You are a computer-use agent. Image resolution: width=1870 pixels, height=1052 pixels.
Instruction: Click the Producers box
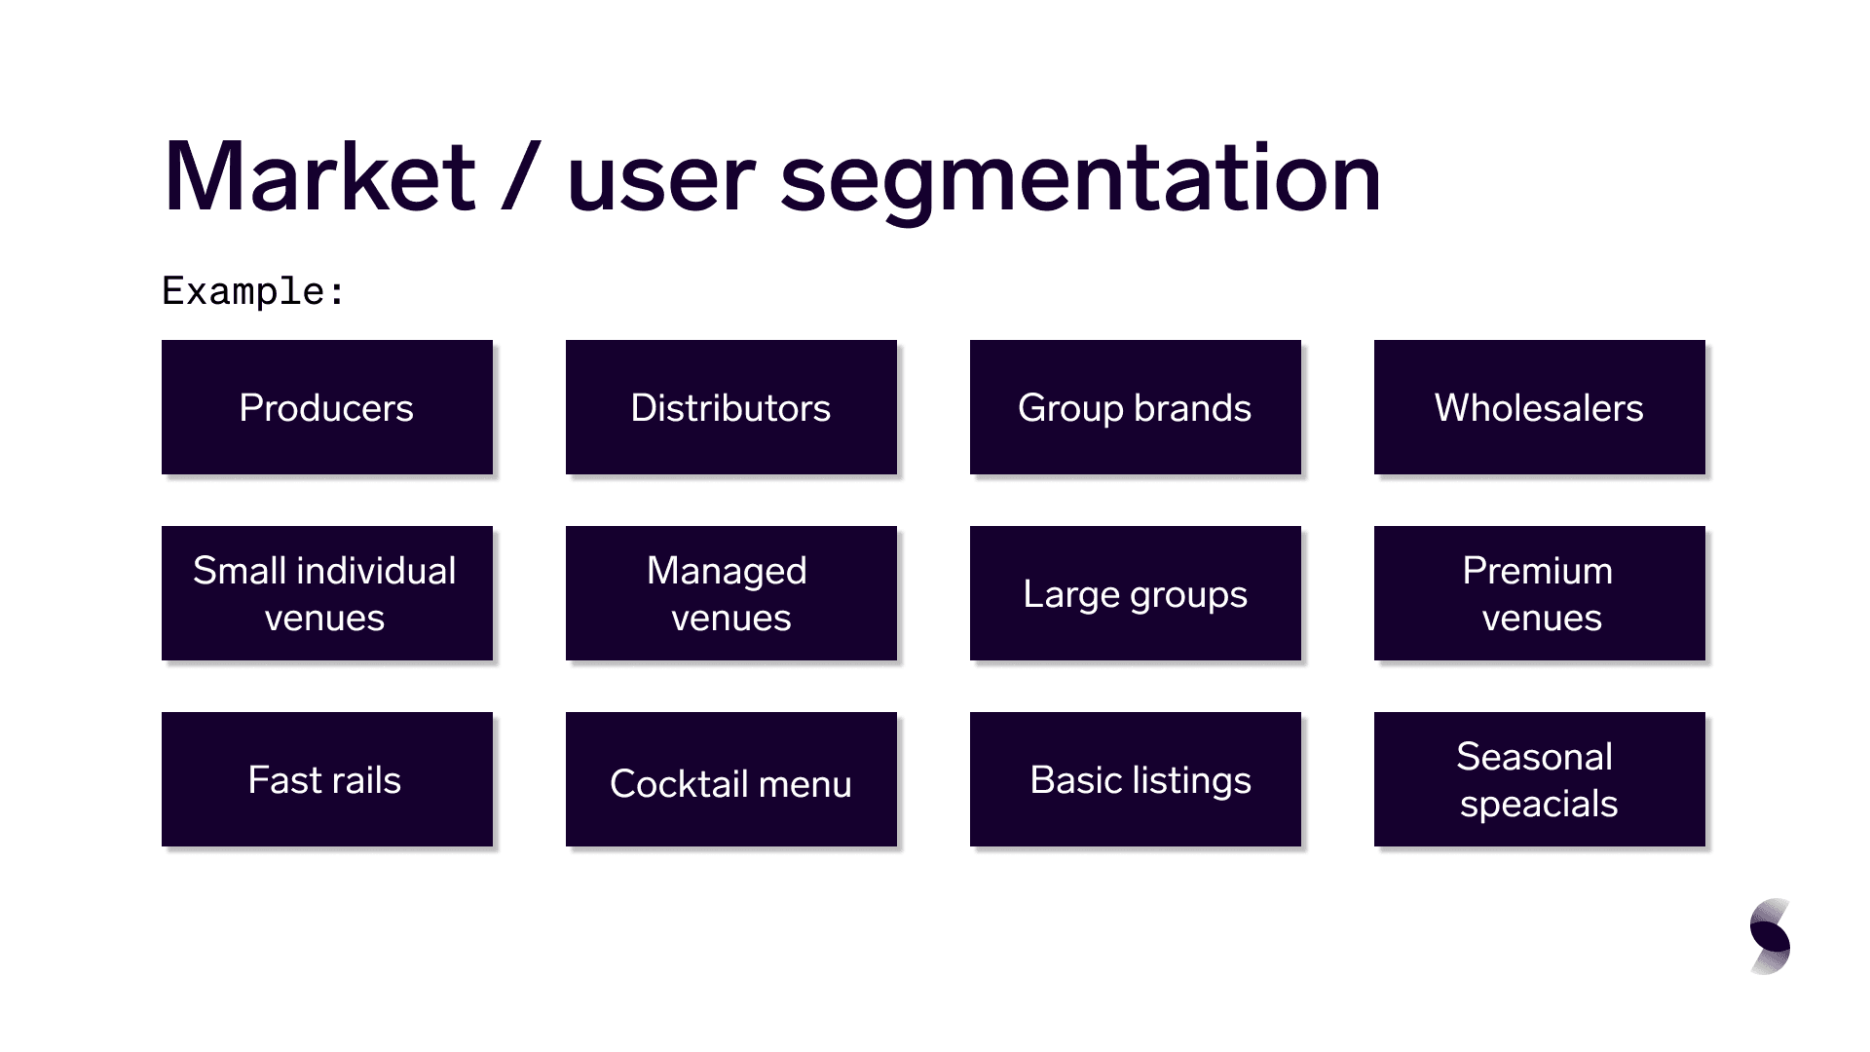[327, 407]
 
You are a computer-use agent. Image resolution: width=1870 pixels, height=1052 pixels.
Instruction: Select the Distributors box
[731, 407]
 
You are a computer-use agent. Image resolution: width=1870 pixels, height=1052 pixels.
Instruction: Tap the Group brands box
[1136, 407]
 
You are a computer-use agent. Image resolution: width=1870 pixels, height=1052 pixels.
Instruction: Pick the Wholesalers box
[1540, 407]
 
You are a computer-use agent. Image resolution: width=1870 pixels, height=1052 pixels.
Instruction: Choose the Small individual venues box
[327, 593]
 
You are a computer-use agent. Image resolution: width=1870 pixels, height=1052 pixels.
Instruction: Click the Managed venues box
[731, 593]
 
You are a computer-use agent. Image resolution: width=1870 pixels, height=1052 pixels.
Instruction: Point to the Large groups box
[1136, 593]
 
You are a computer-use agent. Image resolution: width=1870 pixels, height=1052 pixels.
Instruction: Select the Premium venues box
[1540, 593]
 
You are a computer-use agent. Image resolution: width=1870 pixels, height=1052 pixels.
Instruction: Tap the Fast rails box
[327, 779]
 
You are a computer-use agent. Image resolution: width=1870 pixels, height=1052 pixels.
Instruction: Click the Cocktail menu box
[731, 779]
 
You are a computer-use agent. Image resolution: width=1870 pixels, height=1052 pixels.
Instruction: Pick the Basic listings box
[1136, 779]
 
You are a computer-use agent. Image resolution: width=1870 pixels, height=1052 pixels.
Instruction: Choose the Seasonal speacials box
[1540, 779]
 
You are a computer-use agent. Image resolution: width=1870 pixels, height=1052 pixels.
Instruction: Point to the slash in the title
[521, 177]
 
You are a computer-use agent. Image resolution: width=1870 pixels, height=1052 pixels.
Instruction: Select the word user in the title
[661, 184]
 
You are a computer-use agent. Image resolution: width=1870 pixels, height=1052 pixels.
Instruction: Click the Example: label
[253, 291]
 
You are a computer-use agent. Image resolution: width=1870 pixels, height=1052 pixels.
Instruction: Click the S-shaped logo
[1771, 936]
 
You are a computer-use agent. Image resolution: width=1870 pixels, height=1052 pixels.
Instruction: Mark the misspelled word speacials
[1539, 805]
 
